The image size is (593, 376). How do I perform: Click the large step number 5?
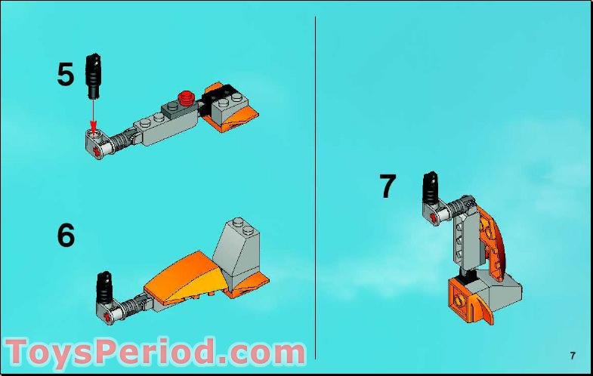click(x=66, y=74)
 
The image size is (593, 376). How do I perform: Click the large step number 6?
click(x=66, y=236)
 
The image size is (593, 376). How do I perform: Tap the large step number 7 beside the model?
click(x=388, y=186)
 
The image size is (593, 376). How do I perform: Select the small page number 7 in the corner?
click(x=573, y=356)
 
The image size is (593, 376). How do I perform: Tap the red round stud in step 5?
click(x=186, y=96)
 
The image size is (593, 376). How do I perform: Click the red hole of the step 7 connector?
click(x=433, y=219)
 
